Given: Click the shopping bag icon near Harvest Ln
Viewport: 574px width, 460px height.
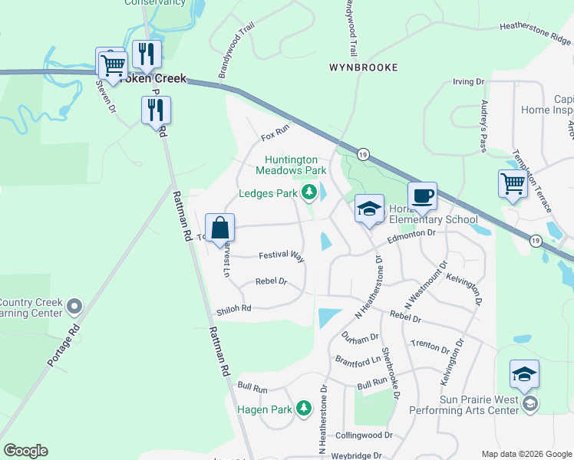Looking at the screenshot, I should click(220, 228).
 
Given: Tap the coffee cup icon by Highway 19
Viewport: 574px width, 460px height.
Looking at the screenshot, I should click(422, 196).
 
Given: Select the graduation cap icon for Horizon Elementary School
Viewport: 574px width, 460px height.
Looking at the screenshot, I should click(369, 209).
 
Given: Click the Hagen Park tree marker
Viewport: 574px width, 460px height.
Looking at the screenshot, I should click(304, 409).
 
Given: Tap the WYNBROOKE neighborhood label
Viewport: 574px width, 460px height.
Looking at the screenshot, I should click(364, 67).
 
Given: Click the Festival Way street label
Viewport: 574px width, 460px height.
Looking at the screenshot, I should click(282, 256).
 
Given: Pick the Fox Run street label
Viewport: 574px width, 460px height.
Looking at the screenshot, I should click(274, 136).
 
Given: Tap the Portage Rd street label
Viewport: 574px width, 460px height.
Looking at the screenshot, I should click(63, 347).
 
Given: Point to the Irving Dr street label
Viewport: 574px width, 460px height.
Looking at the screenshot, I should click(469, 81).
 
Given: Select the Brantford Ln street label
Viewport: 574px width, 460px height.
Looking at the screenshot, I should click(358, 360).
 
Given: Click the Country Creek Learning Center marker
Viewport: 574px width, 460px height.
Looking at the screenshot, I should click(74, 307).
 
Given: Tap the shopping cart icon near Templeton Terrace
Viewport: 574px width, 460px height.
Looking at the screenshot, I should click(513, 184).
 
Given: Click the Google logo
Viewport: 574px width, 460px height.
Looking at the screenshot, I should click(25, 451).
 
